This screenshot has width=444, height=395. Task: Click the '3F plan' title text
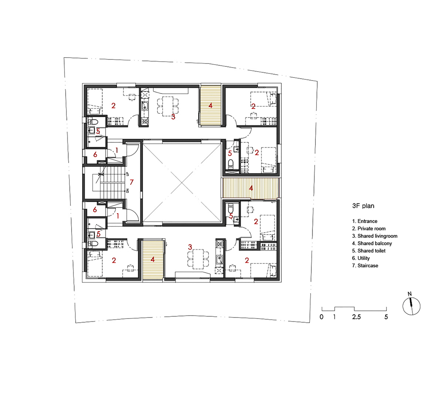363,206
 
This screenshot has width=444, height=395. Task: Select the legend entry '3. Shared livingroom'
374,236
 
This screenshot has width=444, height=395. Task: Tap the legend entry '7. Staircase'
365,265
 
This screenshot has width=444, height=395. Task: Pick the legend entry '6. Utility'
361,258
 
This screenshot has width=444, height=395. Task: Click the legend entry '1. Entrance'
365,221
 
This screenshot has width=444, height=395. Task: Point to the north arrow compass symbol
412,306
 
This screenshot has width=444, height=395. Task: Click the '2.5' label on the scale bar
356,317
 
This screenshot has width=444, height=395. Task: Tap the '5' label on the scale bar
386,317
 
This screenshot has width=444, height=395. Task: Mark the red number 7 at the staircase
132,182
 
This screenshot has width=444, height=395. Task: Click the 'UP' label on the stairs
128,173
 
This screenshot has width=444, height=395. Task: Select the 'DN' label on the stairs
128,191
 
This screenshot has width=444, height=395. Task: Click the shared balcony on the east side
250,188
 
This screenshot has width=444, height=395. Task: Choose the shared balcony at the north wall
211,105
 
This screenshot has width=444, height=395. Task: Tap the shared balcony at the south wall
153,260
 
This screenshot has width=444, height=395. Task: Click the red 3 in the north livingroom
173,117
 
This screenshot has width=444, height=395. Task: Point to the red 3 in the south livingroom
190,247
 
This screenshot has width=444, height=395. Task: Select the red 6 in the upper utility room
95,154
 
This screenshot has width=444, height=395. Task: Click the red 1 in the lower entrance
118,216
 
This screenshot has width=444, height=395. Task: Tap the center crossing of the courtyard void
181,183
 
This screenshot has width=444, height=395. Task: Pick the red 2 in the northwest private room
113,105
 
